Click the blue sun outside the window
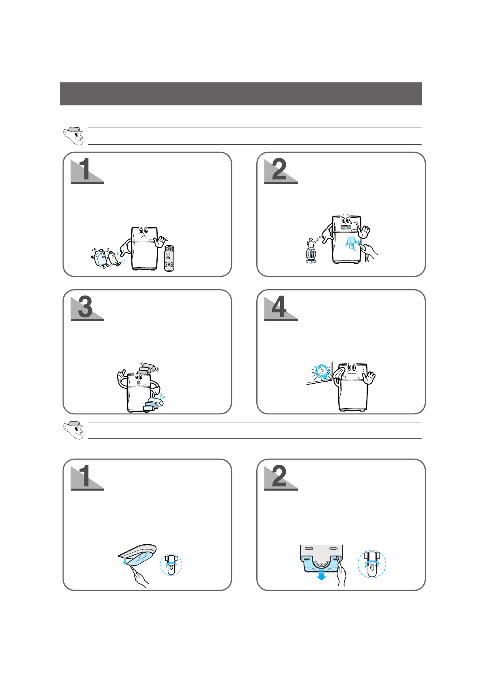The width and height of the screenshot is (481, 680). tap(321, 371)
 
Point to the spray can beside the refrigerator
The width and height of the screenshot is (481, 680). tap(310, 251)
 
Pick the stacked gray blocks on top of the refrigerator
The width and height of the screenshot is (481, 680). tap(148, 369)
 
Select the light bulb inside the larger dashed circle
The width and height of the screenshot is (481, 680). tap(371, 565)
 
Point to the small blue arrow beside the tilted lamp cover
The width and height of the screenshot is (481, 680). tap(124, 561)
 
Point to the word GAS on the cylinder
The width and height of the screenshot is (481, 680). tap(169, 264)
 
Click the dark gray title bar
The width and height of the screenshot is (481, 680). tap(240, 94)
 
